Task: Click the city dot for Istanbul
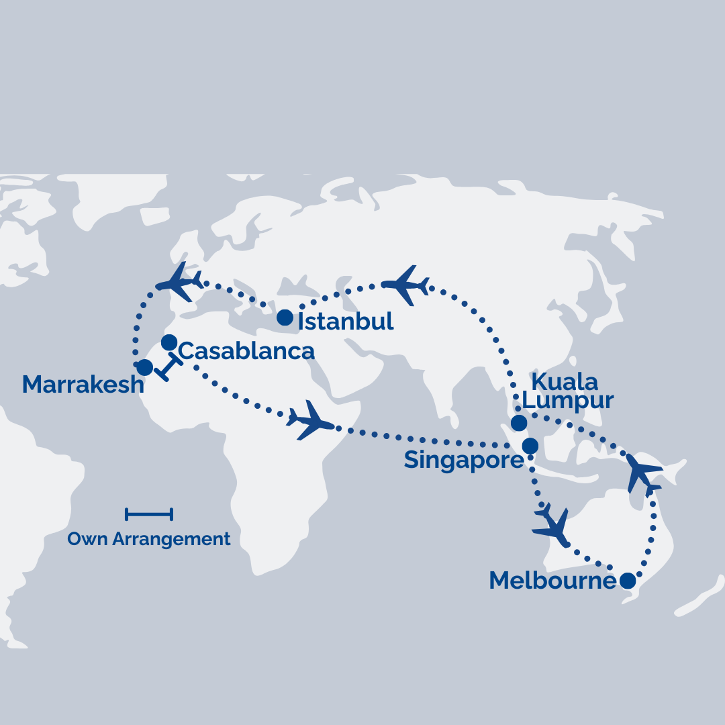click(285, 318)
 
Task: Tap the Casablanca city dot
click(169, 342)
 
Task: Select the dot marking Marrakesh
click(144, 367)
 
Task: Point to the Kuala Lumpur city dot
click(518, 423)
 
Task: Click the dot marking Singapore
click(530, 446)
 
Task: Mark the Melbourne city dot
click(627, 581)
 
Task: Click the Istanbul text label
click(346, 322)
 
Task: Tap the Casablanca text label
click(246, 350)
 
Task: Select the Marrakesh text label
click(83, 385)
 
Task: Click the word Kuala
click(564, 382)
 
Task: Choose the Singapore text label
click(463, 461)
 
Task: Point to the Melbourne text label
click(552, 581)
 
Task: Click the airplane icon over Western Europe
click(179, 281)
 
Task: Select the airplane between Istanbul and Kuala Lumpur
click(405, 285)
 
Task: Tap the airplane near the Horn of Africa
click(310, 421)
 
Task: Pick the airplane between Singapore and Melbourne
click(551, 523)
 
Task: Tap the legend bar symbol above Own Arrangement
click(149, 515)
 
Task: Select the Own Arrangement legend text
click(149, 539)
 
